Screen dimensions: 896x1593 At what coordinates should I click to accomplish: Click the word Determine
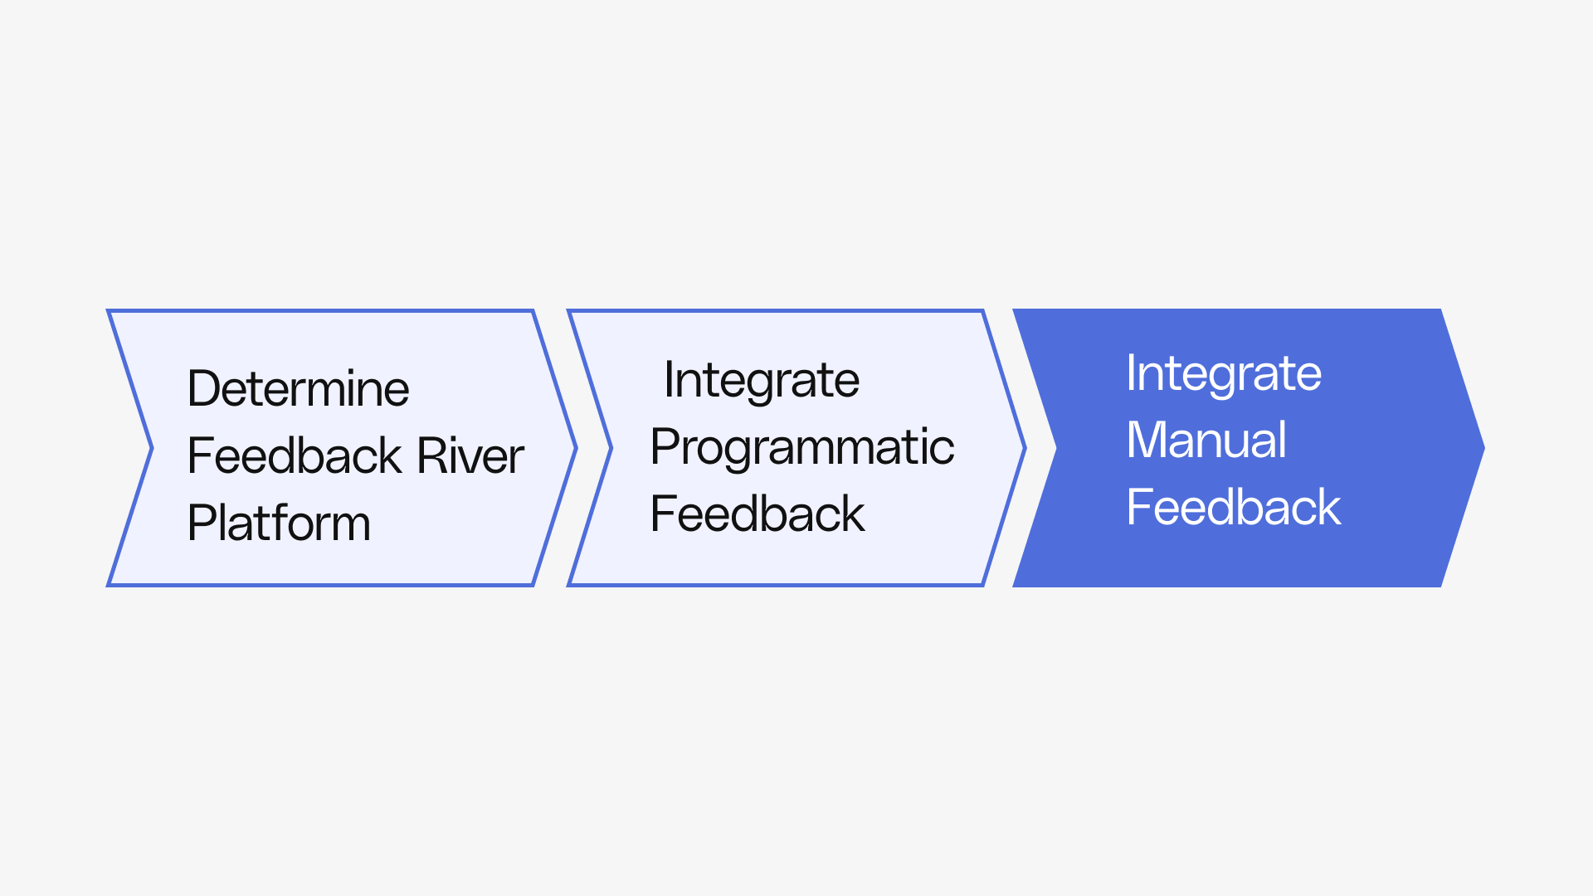point(298,388)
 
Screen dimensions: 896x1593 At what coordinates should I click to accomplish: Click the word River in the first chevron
point(470,455)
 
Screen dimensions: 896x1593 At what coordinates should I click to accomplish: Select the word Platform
point(279,523)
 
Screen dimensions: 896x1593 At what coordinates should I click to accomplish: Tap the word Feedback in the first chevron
point(295,455)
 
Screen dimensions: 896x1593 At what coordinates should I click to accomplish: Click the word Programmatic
point(801,447)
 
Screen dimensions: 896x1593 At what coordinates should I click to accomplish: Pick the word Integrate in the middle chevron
point(761,380)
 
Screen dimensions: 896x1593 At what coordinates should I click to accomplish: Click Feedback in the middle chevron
point(757,514)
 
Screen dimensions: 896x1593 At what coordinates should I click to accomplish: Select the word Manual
point(1206,440)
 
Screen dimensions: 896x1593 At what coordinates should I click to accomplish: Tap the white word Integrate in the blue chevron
point(1223,373)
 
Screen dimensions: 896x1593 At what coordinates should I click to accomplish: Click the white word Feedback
point(1233,507)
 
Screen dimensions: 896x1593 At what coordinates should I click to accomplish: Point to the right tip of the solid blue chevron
point(1482,448)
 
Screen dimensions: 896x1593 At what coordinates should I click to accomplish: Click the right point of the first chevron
point(574,448)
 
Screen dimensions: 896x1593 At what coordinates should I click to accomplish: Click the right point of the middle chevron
point(1025,448)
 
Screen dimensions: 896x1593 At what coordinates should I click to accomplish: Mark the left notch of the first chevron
point(151,448)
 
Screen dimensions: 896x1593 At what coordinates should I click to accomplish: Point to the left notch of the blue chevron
point(1055,448)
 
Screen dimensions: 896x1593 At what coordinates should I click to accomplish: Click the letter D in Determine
point(203,388)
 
